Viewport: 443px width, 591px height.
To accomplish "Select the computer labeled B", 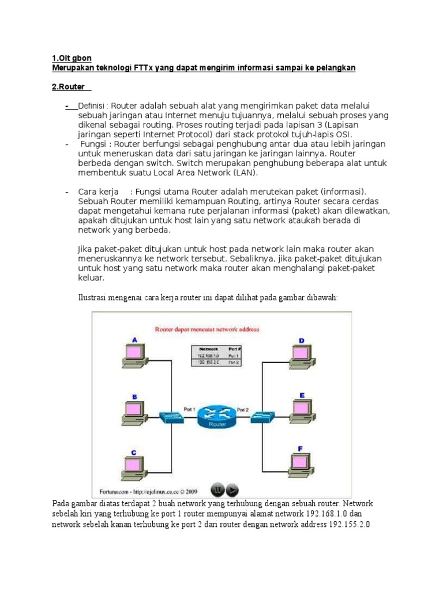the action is pos(134,412).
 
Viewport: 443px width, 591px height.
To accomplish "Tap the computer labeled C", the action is pos(134,467).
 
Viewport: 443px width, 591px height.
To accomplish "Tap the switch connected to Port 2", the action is pos(265,416).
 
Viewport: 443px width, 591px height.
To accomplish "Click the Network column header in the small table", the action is pos(209,349).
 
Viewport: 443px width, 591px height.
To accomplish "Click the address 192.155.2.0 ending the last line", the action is pos(349,525).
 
